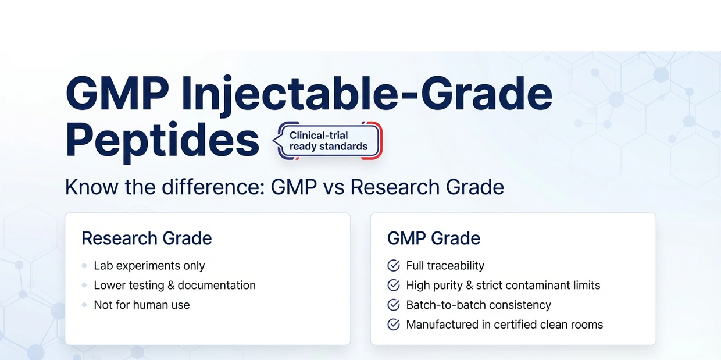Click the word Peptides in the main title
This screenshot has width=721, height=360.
pyautogui.click(x=162, y=142)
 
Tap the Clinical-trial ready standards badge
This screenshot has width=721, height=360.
pyautogui.click(x=329, y=141)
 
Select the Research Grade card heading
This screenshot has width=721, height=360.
pyautogui.click(x=147, y=238)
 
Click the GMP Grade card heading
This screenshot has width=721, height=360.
pyautogui.click(x=434, y=238)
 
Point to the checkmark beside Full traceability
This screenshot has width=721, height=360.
pyautogui.click(x=393, y=266)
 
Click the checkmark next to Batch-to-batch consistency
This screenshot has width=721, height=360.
pyautogui.click(x=393, y=305)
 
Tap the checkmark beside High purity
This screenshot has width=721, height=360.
pyautogui.click(x=393, y=286)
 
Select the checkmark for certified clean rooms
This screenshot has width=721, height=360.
pyautogui.click(x=393, y=325)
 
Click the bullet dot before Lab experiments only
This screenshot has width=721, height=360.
pyautogui.click(x=84, y=266)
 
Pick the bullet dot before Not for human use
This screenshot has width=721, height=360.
pyautogui.click(x=84, y=305)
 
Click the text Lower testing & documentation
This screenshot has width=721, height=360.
pyautogui.click(x=175, y=286)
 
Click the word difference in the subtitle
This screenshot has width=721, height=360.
pyautogui.click(x=213, y=187)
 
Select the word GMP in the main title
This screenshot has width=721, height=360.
pyautogui.click(x=117, y=94)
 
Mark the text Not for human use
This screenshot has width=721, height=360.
pyautogui.click(x=142, y=305)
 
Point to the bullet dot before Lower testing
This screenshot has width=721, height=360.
pyautogui.click(x=84, y=286)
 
